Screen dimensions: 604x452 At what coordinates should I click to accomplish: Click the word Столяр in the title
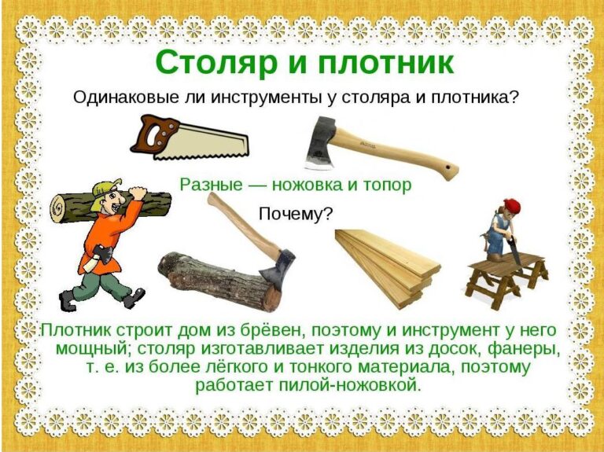216,62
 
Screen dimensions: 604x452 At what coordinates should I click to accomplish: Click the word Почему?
295,214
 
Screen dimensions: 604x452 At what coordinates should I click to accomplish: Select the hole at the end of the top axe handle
447,168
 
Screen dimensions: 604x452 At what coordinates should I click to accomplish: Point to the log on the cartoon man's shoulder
112,208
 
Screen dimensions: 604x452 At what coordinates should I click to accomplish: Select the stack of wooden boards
387,266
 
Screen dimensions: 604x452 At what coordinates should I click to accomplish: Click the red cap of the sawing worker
511,206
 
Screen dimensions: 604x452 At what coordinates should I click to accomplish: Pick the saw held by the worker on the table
514,250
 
